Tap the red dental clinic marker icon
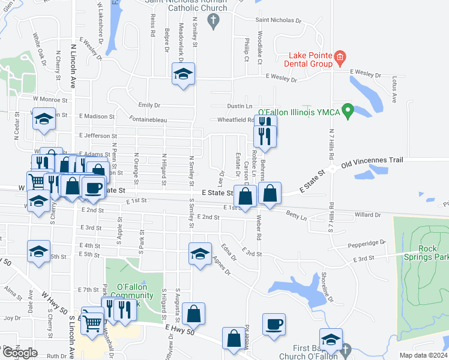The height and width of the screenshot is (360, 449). (340, 58)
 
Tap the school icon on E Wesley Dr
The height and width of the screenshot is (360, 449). (183, 74)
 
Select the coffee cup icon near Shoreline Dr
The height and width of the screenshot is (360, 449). (274, 324)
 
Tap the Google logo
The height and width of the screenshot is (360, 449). (20, 352)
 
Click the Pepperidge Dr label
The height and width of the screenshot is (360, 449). (365, 244)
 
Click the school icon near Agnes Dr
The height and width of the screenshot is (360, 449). (200, 253)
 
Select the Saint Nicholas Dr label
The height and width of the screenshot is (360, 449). (278, 20)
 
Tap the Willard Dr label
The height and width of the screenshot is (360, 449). (368, 214)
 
